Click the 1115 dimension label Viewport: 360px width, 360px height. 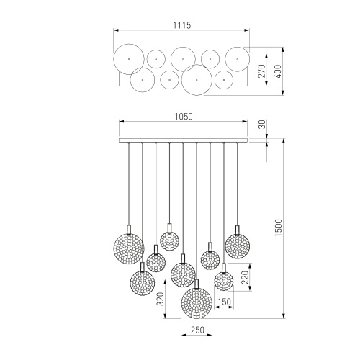click(182, 25)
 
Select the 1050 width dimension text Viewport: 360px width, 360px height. click(184, 117)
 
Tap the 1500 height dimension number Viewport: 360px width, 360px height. click(279, 228)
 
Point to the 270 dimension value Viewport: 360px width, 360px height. click(262, 71)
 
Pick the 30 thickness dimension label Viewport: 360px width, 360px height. click(263, 125)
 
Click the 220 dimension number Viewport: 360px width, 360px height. click(245, 277)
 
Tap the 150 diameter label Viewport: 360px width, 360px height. click(224, 302)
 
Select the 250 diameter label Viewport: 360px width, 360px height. click(197, 330)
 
